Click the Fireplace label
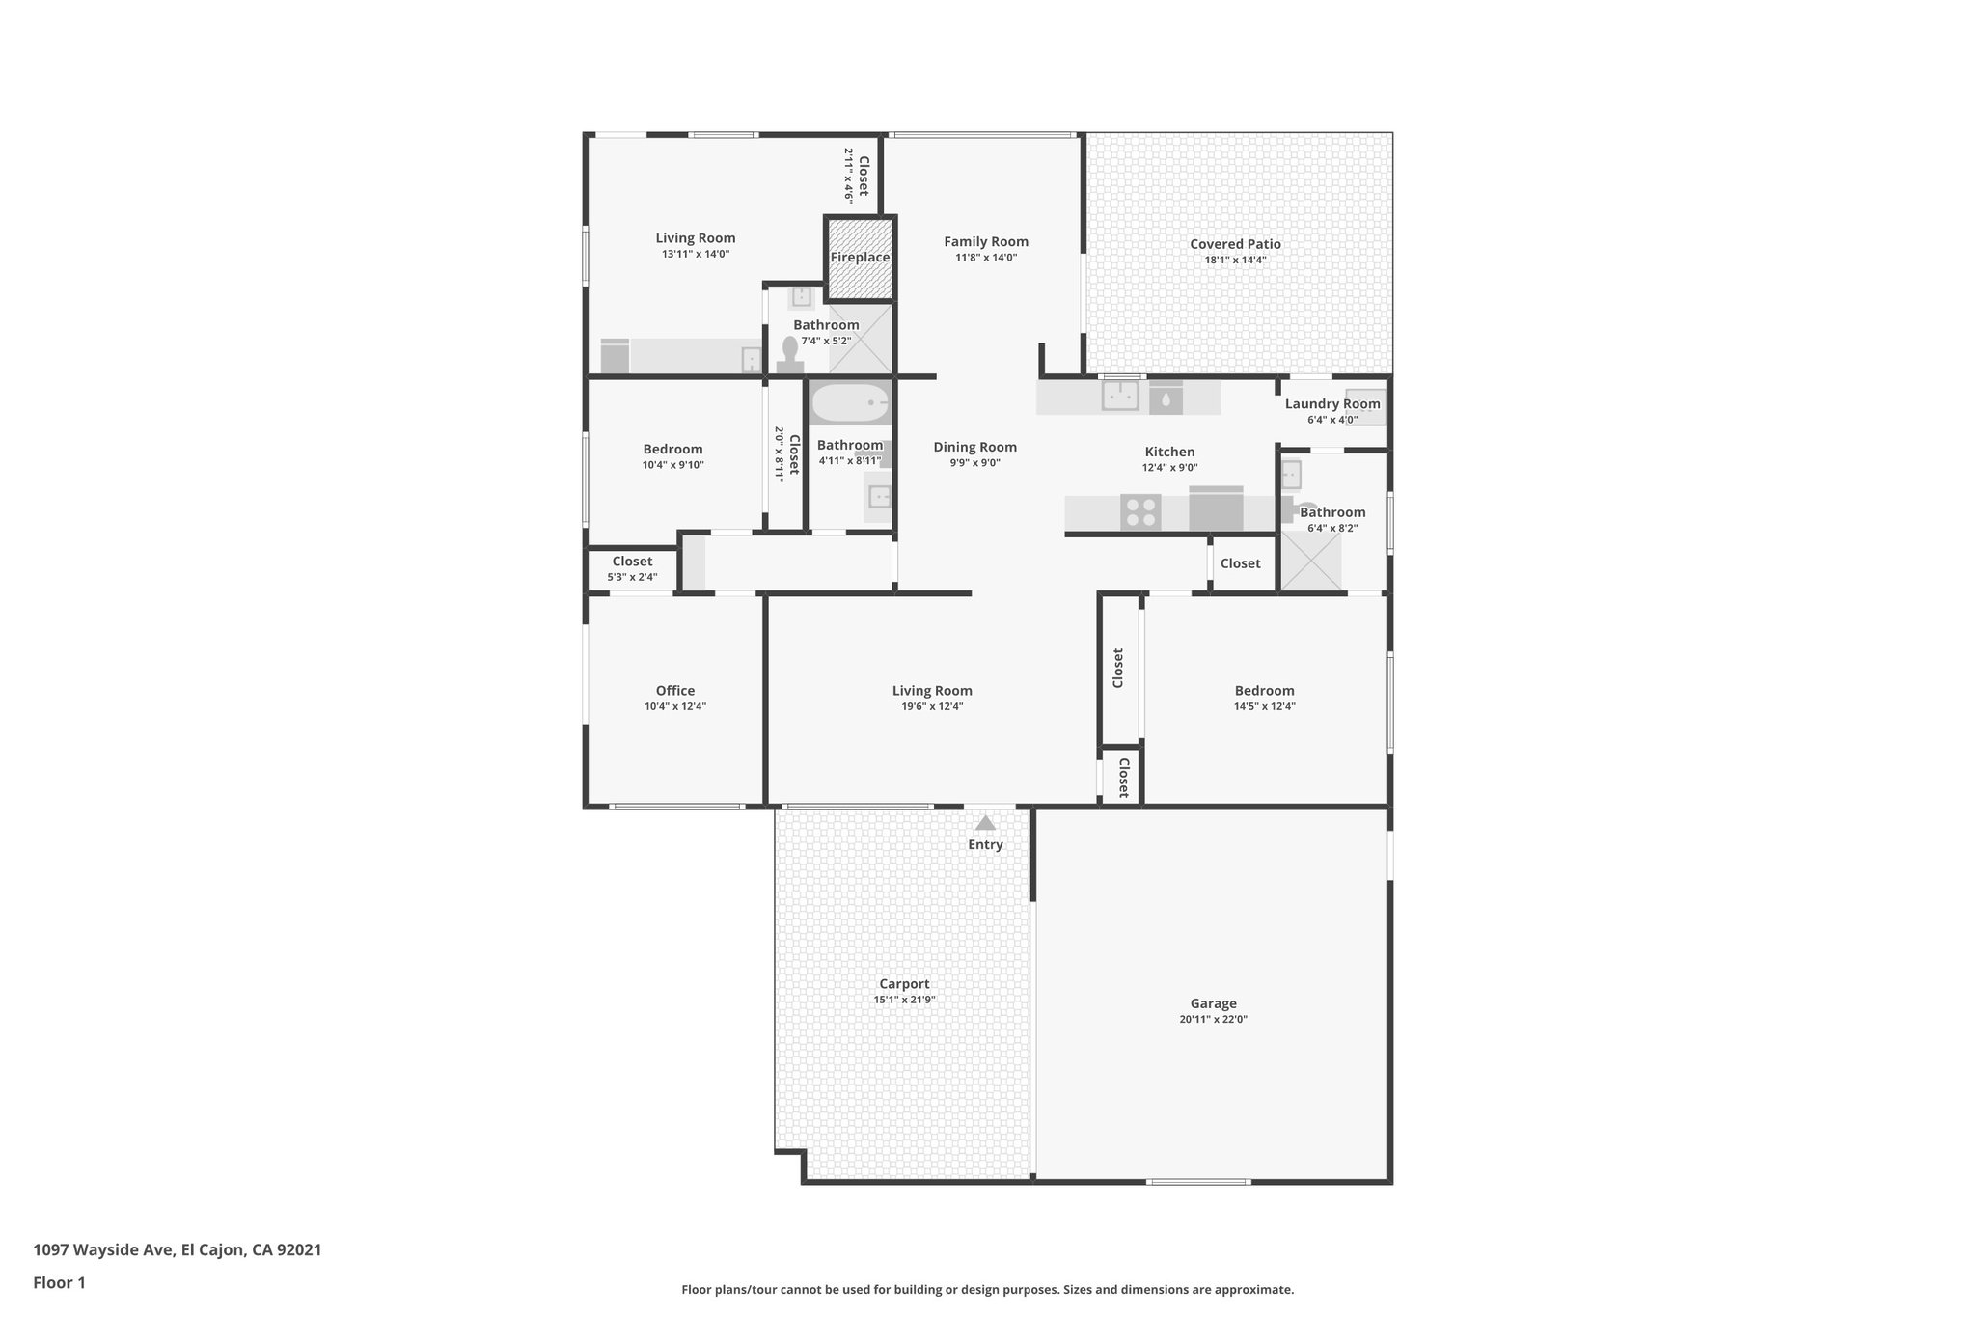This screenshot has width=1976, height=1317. [x=860, y=258]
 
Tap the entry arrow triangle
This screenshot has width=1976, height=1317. [x=985, y=823]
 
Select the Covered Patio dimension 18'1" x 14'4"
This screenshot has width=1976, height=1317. [x=1235, y=260]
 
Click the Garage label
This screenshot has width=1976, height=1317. [x=1213, y=1003]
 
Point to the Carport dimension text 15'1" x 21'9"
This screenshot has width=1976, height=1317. [x=904, y=1000]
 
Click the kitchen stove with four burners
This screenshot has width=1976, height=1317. [x=1140, y=511]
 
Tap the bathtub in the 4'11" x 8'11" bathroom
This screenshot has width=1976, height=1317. [x=849, y=402]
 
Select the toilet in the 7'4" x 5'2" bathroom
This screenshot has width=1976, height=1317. [x=790, y=354]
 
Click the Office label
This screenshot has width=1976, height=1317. [x=674, y=691]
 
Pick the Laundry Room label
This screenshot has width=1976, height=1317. [x=1331, y=404]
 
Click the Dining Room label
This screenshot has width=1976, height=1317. [x=974, y=447]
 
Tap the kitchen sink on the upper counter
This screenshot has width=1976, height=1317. [x=1120, y=395]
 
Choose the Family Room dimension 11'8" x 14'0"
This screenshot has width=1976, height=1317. [x=986, y=258]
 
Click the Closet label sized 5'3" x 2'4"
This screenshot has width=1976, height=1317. [x=632, y=562]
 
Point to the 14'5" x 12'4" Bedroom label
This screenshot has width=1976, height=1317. [x=1264, y=691]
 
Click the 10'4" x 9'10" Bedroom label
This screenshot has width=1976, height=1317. [x=672, y=450]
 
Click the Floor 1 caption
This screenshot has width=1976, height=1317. [x=59, y=1283]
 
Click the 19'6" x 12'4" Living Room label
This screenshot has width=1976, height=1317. [x=931, y=691]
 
